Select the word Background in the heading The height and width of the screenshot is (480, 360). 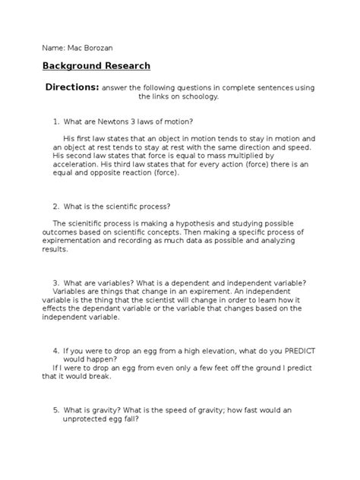(x=73, y=65)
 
